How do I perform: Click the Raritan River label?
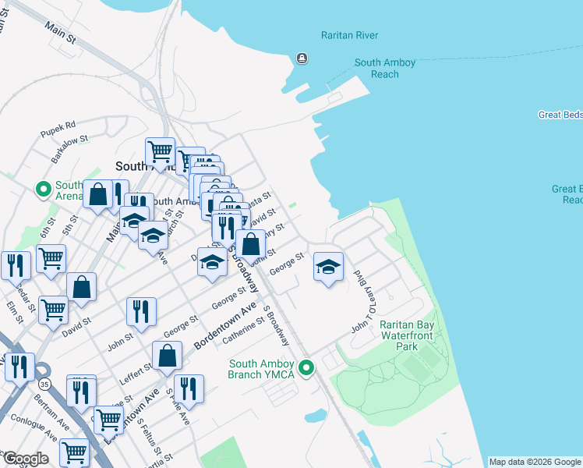(x=349, y=35)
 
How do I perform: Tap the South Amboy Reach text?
(x=385, y=69)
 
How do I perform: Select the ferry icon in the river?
(x=302, y=58)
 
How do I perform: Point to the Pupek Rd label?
(x=59, y=125)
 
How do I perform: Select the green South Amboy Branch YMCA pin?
(x=306, y=367)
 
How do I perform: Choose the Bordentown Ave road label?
(x=226, y=325)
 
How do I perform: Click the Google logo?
(x=25, y=459)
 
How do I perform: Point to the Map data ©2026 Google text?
(x=534, y=462)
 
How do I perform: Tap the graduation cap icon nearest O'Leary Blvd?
(x=328, y=268)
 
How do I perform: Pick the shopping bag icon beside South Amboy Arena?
(x=99, y=195)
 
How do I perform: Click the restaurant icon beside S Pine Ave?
(x=189, y=388)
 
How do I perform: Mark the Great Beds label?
(x=560, y=115)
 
